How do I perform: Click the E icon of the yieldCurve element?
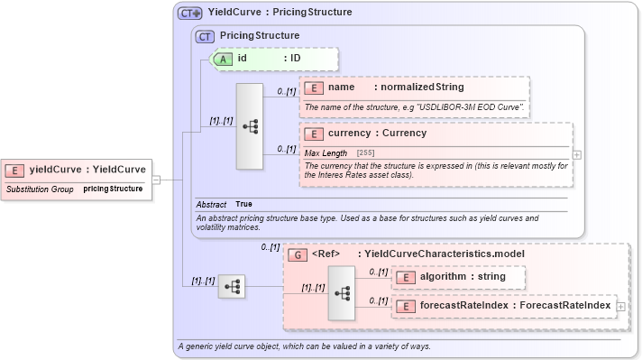[15, 169]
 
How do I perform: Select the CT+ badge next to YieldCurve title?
[189, 14]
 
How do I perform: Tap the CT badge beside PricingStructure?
[206, 36]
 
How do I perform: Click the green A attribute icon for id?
[222, 59]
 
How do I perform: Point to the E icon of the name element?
[314, 88]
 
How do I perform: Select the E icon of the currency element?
[314, 134]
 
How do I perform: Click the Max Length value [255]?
[366, 153]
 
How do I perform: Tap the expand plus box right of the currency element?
[577, 154]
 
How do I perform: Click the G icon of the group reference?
[297, 254]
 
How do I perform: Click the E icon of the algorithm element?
[406, 277]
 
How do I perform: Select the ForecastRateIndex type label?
[564, 306]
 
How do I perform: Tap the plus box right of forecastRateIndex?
[620, 307]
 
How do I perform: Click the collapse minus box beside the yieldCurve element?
[156, 179]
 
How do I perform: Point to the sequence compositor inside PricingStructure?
[249, 126]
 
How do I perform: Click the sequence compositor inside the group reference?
[341, 292]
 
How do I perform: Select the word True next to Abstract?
[243, 204]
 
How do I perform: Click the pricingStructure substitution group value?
[113, 189]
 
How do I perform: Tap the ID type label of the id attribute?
[294, 59]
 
